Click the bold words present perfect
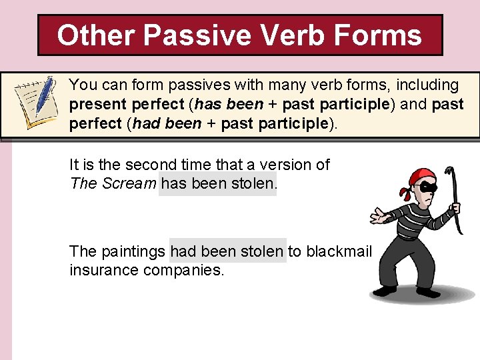(x=127, y=105)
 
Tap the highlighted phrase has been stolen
(x=217, y=183)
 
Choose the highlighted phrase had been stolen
(x=227, y=251)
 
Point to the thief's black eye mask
(x=427, y=189)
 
